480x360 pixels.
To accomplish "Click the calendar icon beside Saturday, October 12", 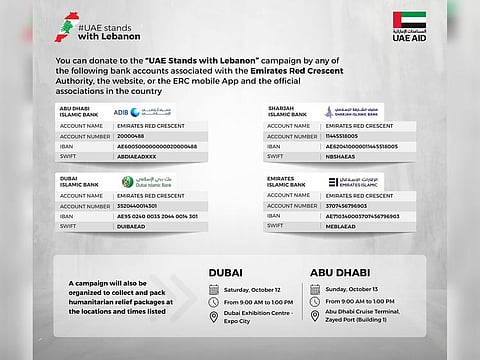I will click(213, 290).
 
